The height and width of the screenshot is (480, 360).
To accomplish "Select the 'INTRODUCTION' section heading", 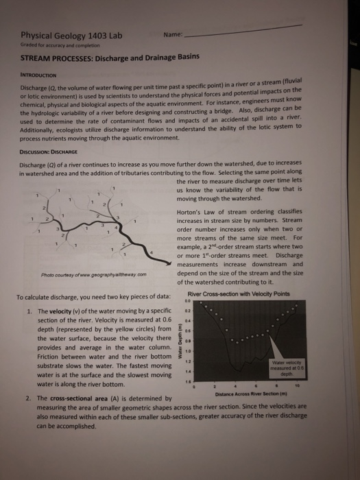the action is tap(44, 75).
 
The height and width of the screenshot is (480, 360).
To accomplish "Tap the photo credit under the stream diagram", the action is tap(90, 278).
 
